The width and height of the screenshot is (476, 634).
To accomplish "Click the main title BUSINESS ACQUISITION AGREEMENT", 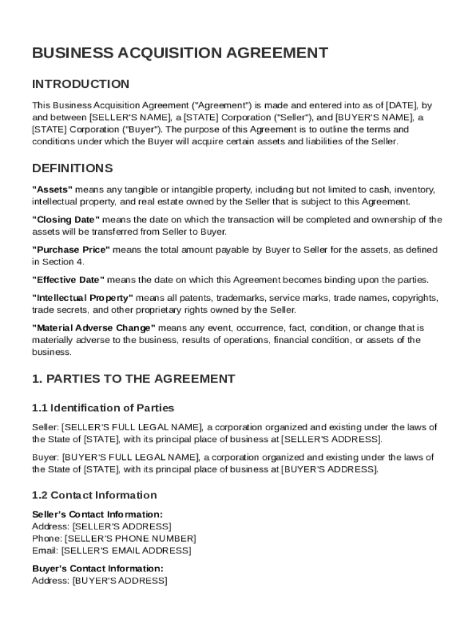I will [x=180, y=53].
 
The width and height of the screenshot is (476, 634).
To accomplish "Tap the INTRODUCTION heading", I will [x=81, y=84].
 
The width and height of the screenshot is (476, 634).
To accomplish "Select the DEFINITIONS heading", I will [x=72, y=168].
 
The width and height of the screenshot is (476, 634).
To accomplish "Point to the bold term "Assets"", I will [x=53, y=189].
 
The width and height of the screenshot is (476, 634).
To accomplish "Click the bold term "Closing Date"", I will [x=66, y=220].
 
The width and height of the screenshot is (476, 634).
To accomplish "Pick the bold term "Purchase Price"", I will [x=71, y=250].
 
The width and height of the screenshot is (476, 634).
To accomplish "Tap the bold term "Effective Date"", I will [x=69, y=280].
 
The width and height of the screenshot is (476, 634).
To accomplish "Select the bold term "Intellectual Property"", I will [x=82, y=298].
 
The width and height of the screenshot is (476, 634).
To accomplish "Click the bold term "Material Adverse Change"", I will [x=93, y=328].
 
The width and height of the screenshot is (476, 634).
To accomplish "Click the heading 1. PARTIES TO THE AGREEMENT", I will [x=134, y=379].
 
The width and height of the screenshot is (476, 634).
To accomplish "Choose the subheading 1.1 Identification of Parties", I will [x=103, y=408].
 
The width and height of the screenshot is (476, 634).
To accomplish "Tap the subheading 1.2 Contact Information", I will [x=95, y=495].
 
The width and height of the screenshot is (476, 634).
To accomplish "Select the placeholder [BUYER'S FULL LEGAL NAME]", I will [x=130, y=458].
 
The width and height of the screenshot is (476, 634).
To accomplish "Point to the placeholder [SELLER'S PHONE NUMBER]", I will [x=130, y=539].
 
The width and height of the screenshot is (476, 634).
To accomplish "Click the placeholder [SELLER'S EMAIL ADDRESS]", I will [x=127, y=550].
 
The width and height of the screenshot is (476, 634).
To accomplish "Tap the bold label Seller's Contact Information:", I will [x=97, y=515].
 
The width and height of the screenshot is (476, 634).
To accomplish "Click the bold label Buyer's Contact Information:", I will [x=97, y=568].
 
